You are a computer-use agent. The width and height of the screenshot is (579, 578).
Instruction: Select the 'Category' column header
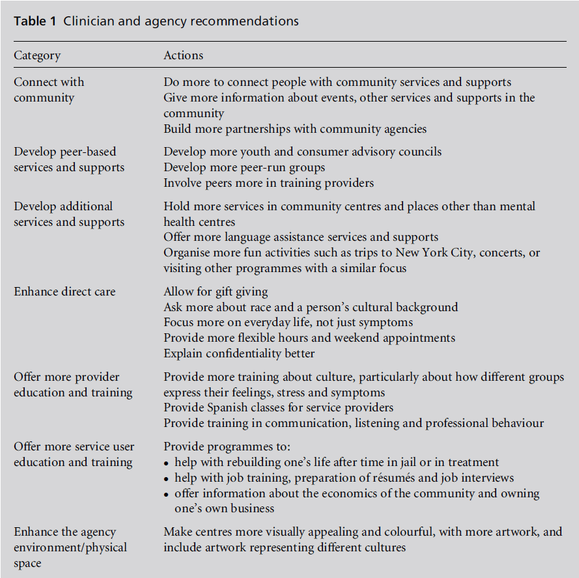click(x=37, y=55)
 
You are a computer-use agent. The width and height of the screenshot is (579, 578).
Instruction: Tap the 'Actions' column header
click(x=183, y=55)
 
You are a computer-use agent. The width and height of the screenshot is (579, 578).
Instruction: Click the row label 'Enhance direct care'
click(x=64, y=292)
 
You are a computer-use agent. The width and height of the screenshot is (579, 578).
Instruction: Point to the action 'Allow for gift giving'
click(x=216, y=292)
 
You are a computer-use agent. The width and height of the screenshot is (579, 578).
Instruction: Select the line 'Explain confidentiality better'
click(x=239, y=353)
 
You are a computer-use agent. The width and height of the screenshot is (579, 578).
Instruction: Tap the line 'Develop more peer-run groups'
click(x=244, y=167)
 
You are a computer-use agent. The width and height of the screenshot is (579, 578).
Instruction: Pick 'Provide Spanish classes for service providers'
click(x=278, y=407)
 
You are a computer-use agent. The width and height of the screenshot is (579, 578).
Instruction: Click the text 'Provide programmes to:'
click(x=226, y=447)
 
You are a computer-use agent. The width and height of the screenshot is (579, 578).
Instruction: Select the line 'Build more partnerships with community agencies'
click(x=295, y=129)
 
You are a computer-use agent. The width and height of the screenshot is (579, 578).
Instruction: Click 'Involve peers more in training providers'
click(x=268, y=183)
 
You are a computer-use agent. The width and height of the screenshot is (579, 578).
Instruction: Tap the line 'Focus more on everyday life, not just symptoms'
click(x=288, y=322)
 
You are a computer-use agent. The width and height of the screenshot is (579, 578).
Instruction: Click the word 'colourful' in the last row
click(x=404, y=532)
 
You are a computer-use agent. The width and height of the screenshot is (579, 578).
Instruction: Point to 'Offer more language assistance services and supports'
click(x=301, y=237)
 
